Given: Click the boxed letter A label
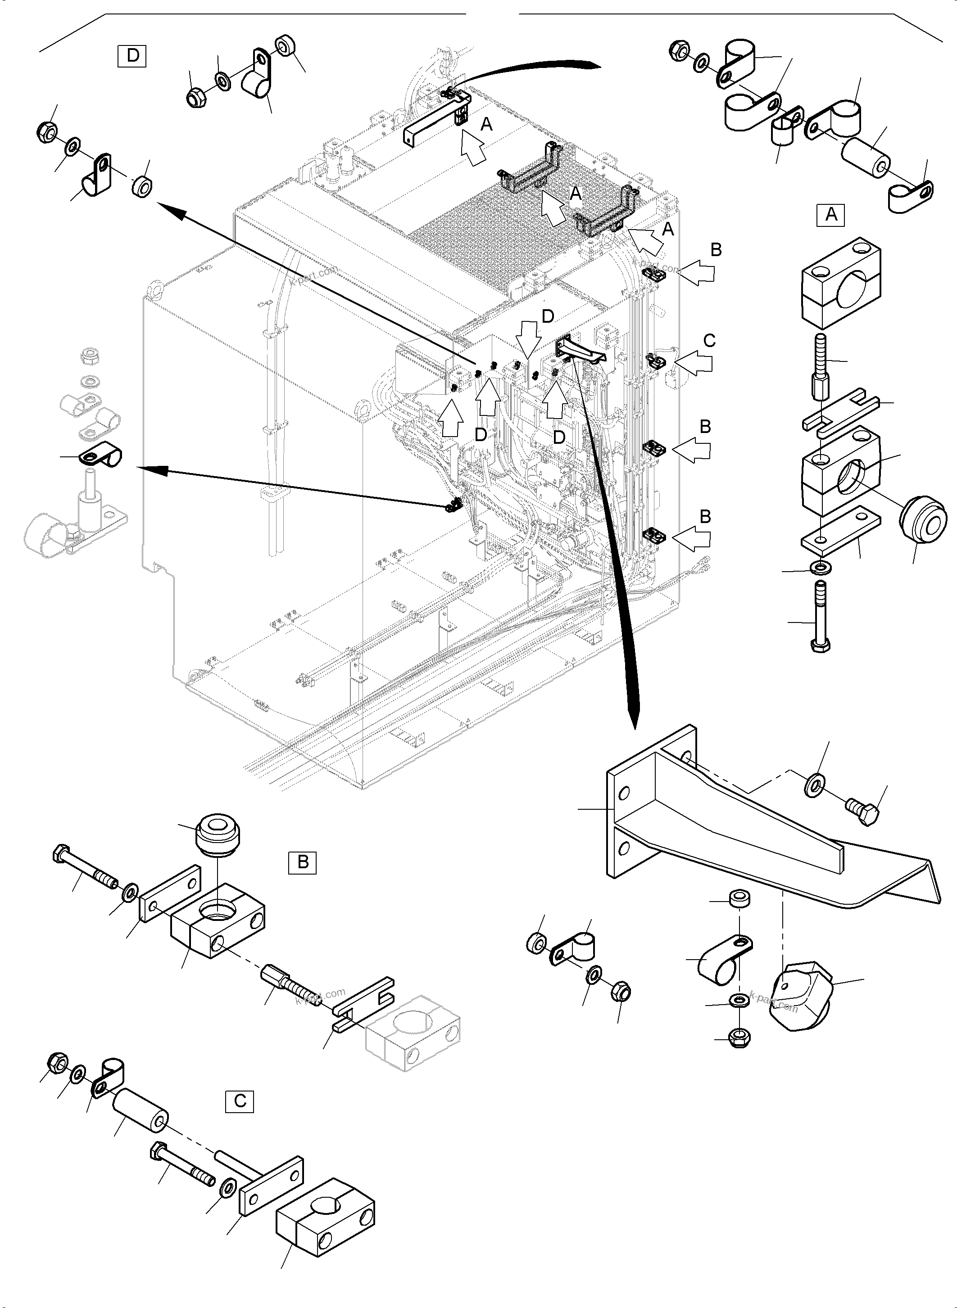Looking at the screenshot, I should pyautogui.click(x=831, y=215).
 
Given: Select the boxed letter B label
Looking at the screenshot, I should pyautogui.click(x=302, y=862).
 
